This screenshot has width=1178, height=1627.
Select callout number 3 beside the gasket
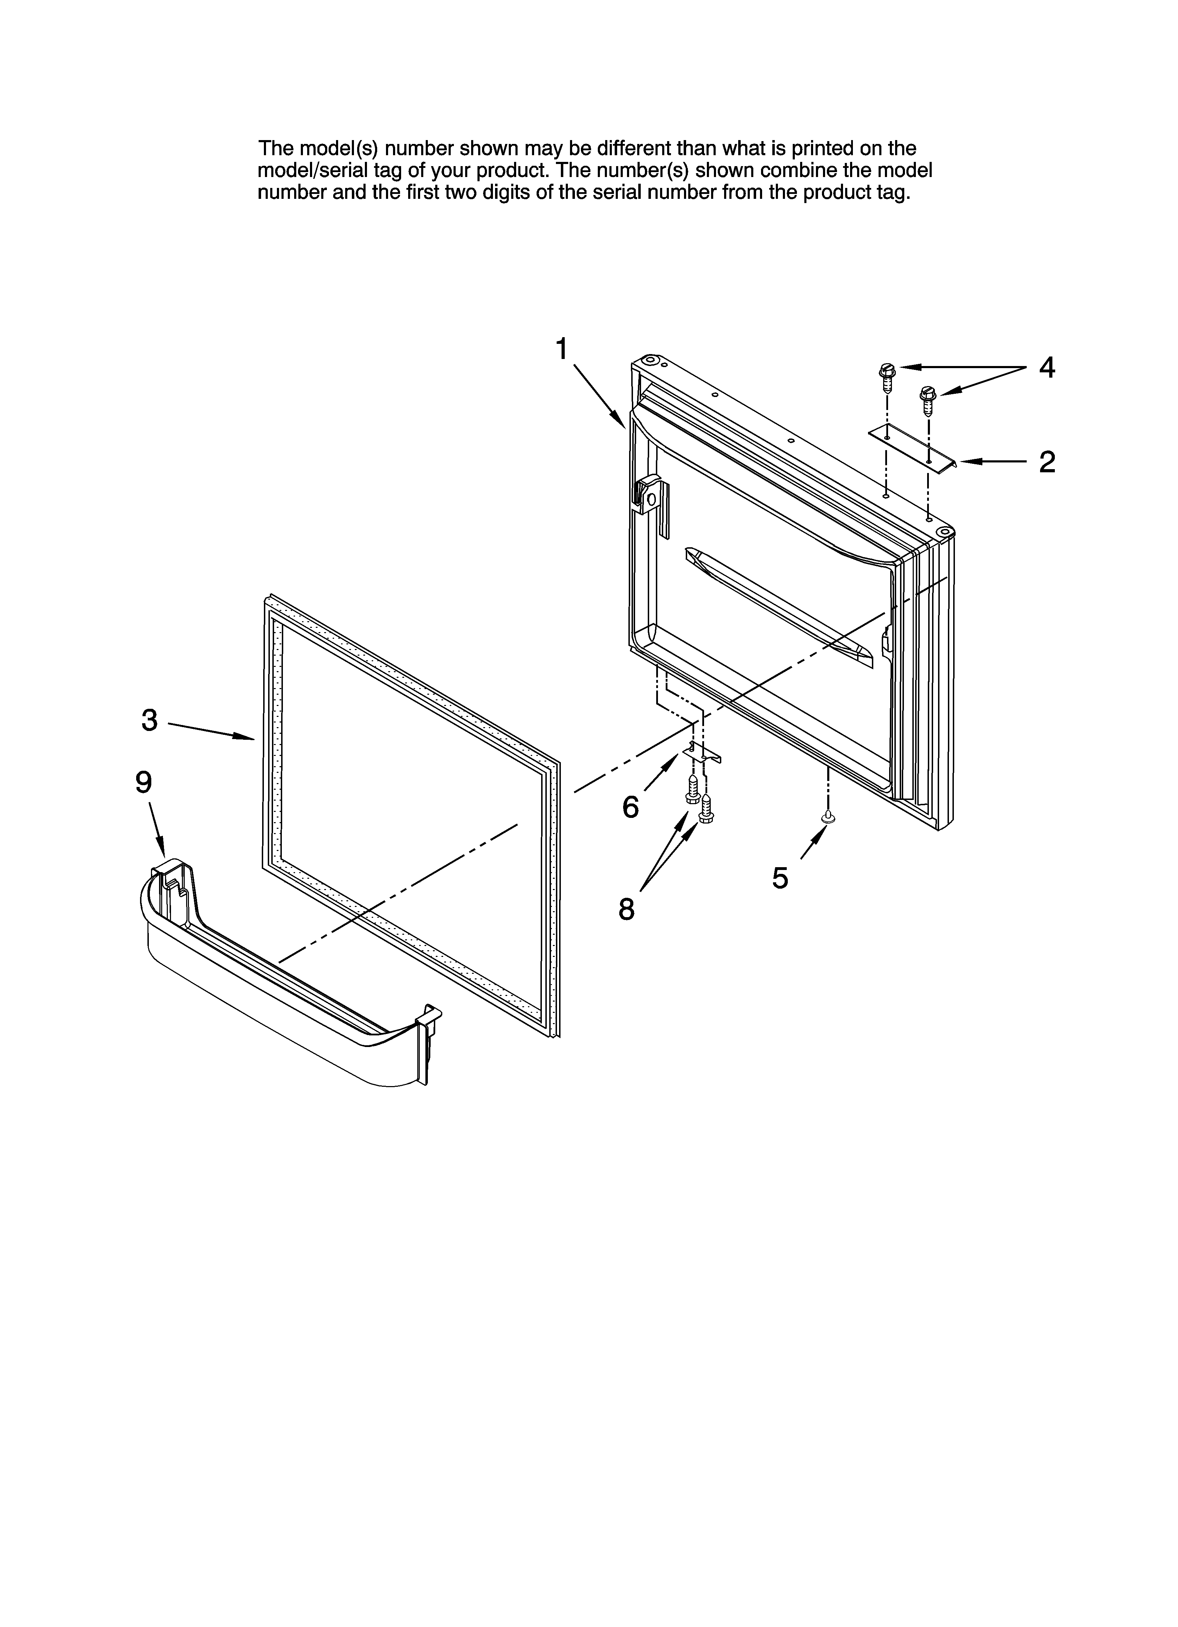click(x=149, y=720)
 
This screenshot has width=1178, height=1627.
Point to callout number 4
click(x=1047, y=368)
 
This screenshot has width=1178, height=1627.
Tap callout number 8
click(x=626, y=910)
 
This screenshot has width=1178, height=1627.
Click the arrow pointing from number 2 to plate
click(x=994, y=463)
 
